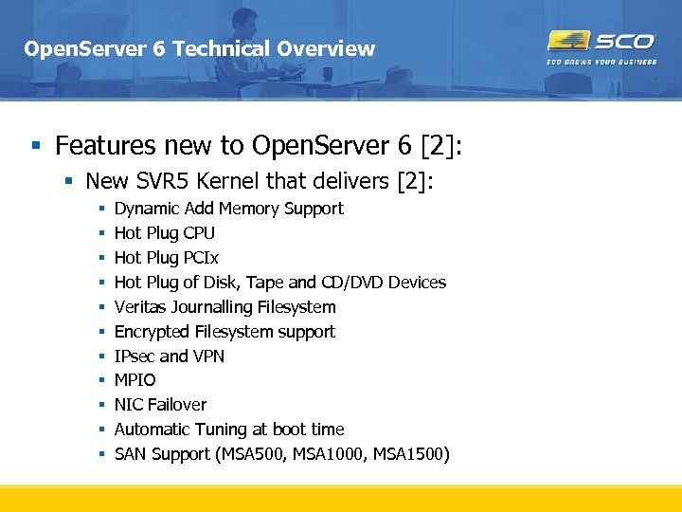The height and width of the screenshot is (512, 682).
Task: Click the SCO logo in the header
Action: tap(601, 41)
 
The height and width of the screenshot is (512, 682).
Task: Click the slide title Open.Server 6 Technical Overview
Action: tap(199, 48)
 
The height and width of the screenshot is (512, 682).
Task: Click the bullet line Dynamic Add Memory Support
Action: tap(228, 209)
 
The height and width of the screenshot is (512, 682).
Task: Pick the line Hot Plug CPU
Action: tap(164, 233)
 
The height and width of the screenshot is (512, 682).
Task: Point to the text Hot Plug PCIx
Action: tap(166, 258)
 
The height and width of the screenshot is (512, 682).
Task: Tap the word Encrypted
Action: tap(152, 332)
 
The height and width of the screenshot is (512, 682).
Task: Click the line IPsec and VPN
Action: tap(169, 357)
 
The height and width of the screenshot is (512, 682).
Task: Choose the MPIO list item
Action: tap(135, 380)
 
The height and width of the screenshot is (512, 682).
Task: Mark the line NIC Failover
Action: tap(160, 405)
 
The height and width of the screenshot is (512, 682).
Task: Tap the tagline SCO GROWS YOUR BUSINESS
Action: tap(601, 63)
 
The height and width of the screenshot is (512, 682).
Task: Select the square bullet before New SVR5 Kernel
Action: tap(69, 181)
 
